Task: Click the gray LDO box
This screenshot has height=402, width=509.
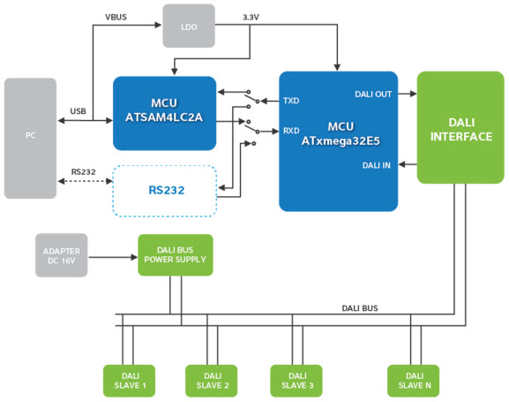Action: tap(189, 26)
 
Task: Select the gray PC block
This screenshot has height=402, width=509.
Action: tap(30, 138)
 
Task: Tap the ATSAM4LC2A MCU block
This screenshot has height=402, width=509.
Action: tap(164, 113)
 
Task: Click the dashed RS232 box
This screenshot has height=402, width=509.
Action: tap(165, 191)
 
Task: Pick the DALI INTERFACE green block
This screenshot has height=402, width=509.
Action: tap(460, 127)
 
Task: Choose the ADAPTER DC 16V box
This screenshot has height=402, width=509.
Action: tap(62, 255)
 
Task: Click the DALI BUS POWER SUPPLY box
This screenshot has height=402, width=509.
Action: tap(176, 255)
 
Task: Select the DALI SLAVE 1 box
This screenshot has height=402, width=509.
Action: tap(129, 381)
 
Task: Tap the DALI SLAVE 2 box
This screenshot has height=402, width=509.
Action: tap(212, 381)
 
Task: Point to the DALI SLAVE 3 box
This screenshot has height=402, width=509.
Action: tap(296, 381)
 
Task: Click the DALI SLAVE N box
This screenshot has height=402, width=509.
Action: tap(413, 381)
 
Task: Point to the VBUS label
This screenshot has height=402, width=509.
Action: tap(116, 18)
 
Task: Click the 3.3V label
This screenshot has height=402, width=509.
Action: tap(251, 18)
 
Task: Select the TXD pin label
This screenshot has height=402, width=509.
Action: tap(291, 101)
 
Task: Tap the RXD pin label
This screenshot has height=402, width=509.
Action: tap(291, 131)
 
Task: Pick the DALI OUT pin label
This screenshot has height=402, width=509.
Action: tap(373, 95)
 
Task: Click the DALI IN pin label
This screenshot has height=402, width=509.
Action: tap(376, 165)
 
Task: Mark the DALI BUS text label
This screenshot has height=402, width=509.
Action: tap(360, 308)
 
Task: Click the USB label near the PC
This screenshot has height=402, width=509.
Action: tap(79, 111)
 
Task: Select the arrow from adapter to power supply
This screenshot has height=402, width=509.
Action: tap(113, 257)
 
